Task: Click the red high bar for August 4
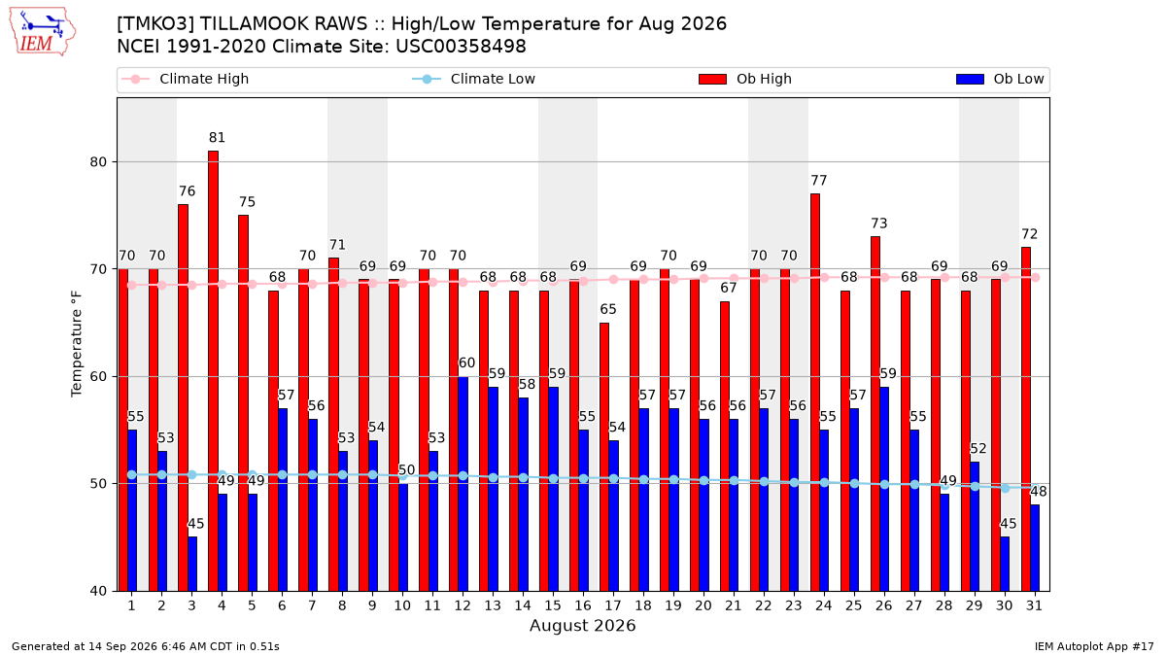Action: point(213,370)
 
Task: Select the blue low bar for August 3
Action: point(192,564)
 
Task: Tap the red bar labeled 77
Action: point(815,392)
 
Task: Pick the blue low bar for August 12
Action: point(463,484)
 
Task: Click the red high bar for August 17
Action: point(604,457)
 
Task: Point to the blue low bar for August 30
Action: point(1005,564)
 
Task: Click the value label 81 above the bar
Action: point(217,137)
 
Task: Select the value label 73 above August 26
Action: point(879,224)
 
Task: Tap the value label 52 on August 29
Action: point(978,448)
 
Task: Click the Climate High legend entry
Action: point(186,79)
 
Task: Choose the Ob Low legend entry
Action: point(1000,79)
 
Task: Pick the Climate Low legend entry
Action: point(474,79)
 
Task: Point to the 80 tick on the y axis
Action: point(98,162)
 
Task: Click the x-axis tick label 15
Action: point(553,605)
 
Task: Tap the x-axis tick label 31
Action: point(1034,605)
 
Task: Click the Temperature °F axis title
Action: point(77,344)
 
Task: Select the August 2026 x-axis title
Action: point(582,625)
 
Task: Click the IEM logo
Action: point(42,32)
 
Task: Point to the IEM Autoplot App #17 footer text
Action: point(1094,646)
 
